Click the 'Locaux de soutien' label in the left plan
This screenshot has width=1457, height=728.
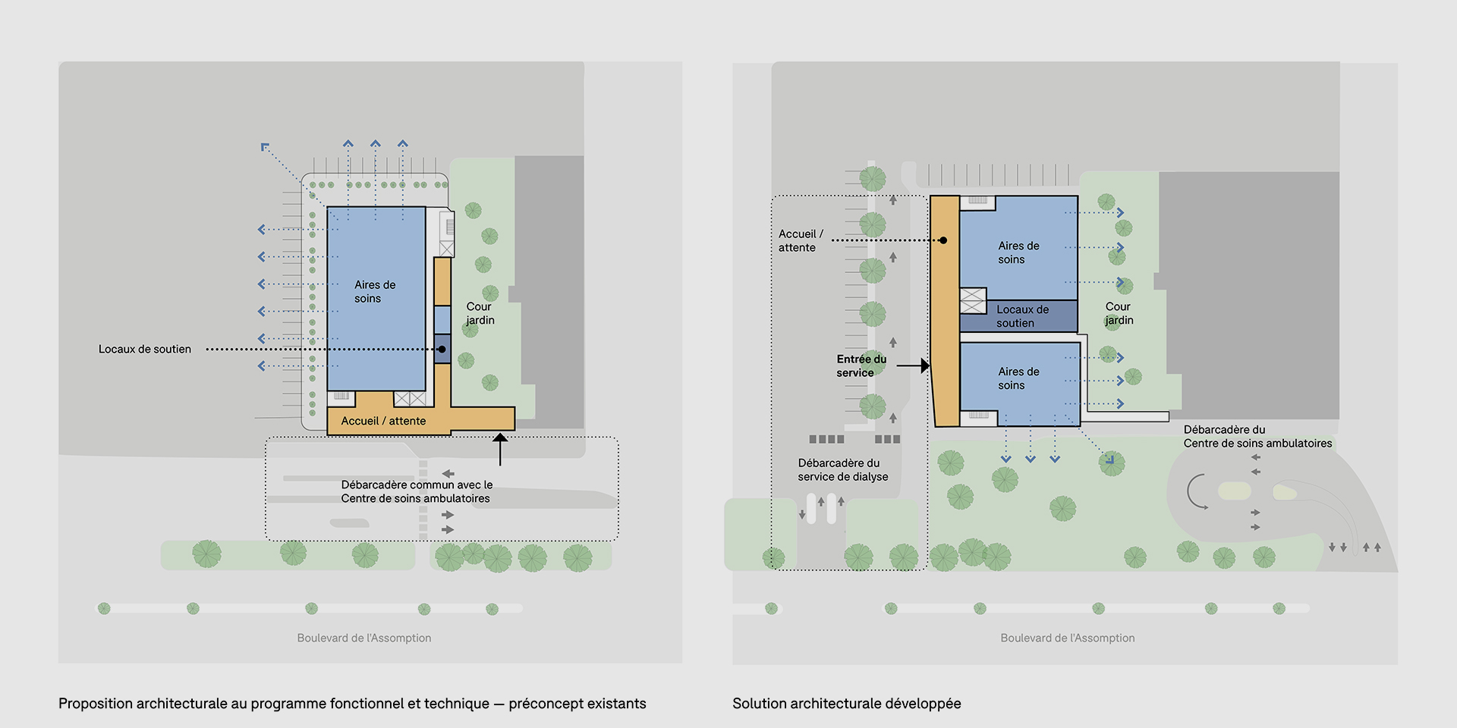tap(145, 349)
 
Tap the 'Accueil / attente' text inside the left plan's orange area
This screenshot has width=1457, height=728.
tap(383, 421)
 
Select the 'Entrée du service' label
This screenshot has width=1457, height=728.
tap(861, 366)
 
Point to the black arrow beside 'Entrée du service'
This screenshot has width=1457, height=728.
tap(914, 366)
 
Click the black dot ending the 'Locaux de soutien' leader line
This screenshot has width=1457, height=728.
tap(442, 350)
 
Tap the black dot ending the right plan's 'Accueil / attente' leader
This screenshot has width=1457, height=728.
tap(943, 240)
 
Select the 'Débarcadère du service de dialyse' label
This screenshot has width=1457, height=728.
tap(842, 469)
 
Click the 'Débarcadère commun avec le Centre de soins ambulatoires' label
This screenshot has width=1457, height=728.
tap(417, 491)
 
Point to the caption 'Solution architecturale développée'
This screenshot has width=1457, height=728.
tap(846, 703)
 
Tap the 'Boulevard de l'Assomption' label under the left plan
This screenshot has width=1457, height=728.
tap(364, 638)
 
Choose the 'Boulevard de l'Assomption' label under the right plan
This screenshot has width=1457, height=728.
tap(1067, 638)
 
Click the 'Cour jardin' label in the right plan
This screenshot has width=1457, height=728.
tap(1119, 313)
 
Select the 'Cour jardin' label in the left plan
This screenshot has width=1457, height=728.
tap(480, 313)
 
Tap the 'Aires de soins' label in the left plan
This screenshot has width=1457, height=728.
tap(375, 291)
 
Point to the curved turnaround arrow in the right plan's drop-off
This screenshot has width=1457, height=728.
tap(1197, 491)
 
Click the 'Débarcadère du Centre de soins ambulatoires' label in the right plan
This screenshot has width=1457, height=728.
tap(1257, 436)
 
